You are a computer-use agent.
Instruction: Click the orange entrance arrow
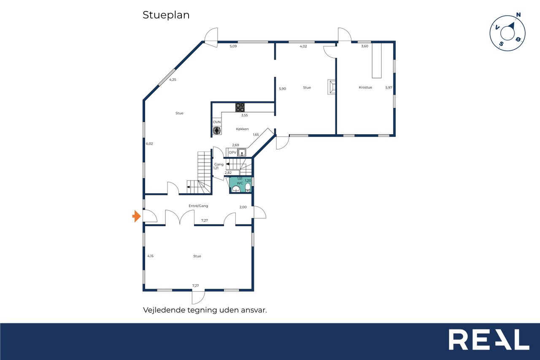[137, 216]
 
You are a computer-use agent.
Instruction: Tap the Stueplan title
[166, 15]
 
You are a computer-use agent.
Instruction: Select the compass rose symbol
[508, 32]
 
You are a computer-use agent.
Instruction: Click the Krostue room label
[365, 87]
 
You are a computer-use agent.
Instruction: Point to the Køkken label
[242, 129]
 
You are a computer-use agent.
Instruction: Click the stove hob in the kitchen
[240, 107]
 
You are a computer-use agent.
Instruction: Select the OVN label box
[217, 122]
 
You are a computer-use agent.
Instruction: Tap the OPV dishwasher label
[232, 152]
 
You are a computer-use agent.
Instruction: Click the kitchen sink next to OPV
[242, 152]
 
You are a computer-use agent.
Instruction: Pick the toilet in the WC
[248, 187]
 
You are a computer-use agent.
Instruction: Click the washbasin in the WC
[236, 189]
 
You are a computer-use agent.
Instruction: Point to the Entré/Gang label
[198, 206]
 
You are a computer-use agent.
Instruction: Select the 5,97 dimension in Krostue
[389, 87]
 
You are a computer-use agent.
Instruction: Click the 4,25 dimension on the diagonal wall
[173, 80]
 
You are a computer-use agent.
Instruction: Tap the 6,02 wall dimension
[149, 144]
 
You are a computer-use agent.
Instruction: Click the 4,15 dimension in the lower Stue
[151, 256]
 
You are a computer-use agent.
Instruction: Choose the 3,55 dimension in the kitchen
[244, 115]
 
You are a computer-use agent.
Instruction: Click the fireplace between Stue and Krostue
[332, 87]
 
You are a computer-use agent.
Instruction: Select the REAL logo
[489, 339]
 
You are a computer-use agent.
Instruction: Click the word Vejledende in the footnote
[164, 310]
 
